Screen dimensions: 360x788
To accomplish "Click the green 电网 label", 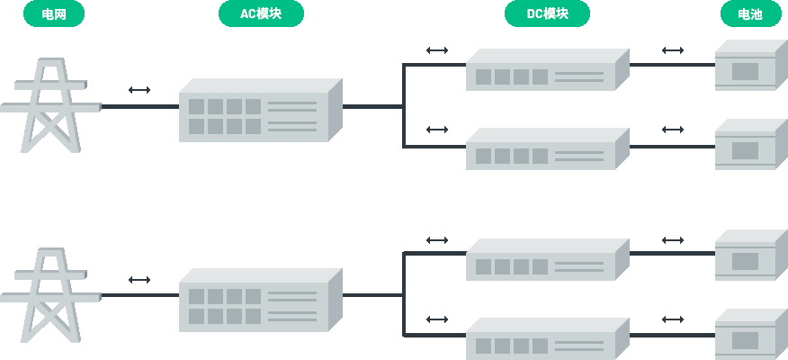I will point(54,13).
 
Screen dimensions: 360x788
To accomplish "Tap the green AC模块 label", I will point(261,13).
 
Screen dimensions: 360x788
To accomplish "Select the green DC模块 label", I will point(547,13).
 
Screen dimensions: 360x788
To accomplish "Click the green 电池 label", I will point(750,13).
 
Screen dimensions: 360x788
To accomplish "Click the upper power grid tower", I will point(51,105).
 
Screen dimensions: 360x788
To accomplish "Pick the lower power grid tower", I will point(51,294).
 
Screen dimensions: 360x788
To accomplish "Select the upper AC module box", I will point(260,111).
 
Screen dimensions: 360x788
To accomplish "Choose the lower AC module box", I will point(260,301).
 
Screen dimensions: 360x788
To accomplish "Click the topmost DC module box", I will point(547,70).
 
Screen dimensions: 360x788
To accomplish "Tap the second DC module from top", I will point(547,149).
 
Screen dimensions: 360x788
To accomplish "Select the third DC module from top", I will point(547,260).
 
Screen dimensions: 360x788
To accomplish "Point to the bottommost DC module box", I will point(547,339).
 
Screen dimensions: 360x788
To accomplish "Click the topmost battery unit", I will point(750,66).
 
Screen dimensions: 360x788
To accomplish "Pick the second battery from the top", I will point(750,145).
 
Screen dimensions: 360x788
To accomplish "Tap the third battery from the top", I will point(750,256).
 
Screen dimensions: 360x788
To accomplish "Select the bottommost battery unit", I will point(750,335).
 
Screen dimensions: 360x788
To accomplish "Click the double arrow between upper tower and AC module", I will point(139,90).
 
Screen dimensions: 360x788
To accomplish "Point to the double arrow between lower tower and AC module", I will point(139,280).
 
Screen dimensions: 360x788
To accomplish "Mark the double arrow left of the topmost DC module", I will point(437,50).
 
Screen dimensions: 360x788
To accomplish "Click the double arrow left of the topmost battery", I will point(673,50).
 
